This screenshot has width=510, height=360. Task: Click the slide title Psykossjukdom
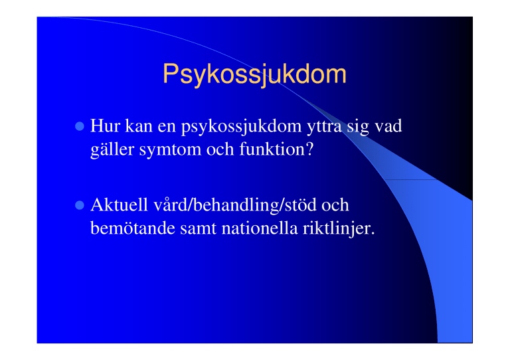click(x=254, y=74)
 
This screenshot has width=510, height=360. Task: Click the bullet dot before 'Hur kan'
click(x=80, y=126)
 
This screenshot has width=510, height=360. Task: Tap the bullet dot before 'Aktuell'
click(x=80, y=205)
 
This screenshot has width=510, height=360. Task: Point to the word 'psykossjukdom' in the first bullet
click(x=241, y=127)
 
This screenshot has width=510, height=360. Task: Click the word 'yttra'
click(x=324, y=127)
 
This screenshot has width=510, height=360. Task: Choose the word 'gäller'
click(x=112, y=150)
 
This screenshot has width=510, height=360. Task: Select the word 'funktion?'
click(x=276, y=149)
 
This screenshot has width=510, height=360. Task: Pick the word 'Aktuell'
click(x=119, y=205)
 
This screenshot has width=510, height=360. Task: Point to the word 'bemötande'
click(x=133, y=228)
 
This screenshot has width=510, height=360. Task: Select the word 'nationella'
click(x=260, y=228)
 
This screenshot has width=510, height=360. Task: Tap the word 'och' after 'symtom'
click(x=220, y=149)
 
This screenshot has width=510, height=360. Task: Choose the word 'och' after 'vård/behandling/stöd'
click(x=335, y=205)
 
